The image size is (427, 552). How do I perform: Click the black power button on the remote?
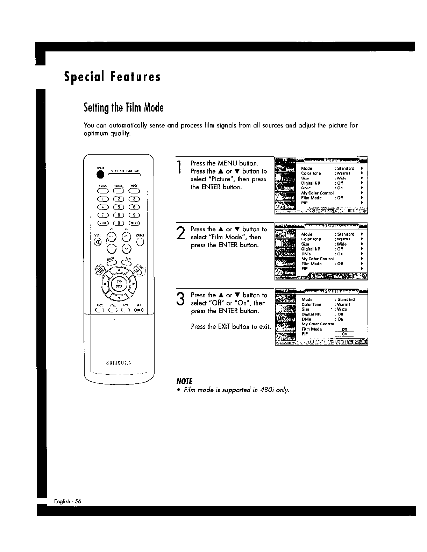(x=101, y=175)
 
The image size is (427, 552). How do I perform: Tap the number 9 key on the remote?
(x=134, y=215)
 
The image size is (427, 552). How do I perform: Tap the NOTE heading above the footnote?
(x=185, y=381)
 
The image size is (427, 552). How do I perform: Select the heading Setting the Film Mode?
(x=123, y=107)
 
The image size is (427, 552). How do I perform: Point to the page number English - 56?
(x=68, y=501)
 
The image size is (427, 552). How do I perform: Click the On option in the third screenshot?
(x=344, y=334)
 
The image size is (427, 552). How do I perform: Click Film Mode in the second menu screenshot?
(x=311, y=264)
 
